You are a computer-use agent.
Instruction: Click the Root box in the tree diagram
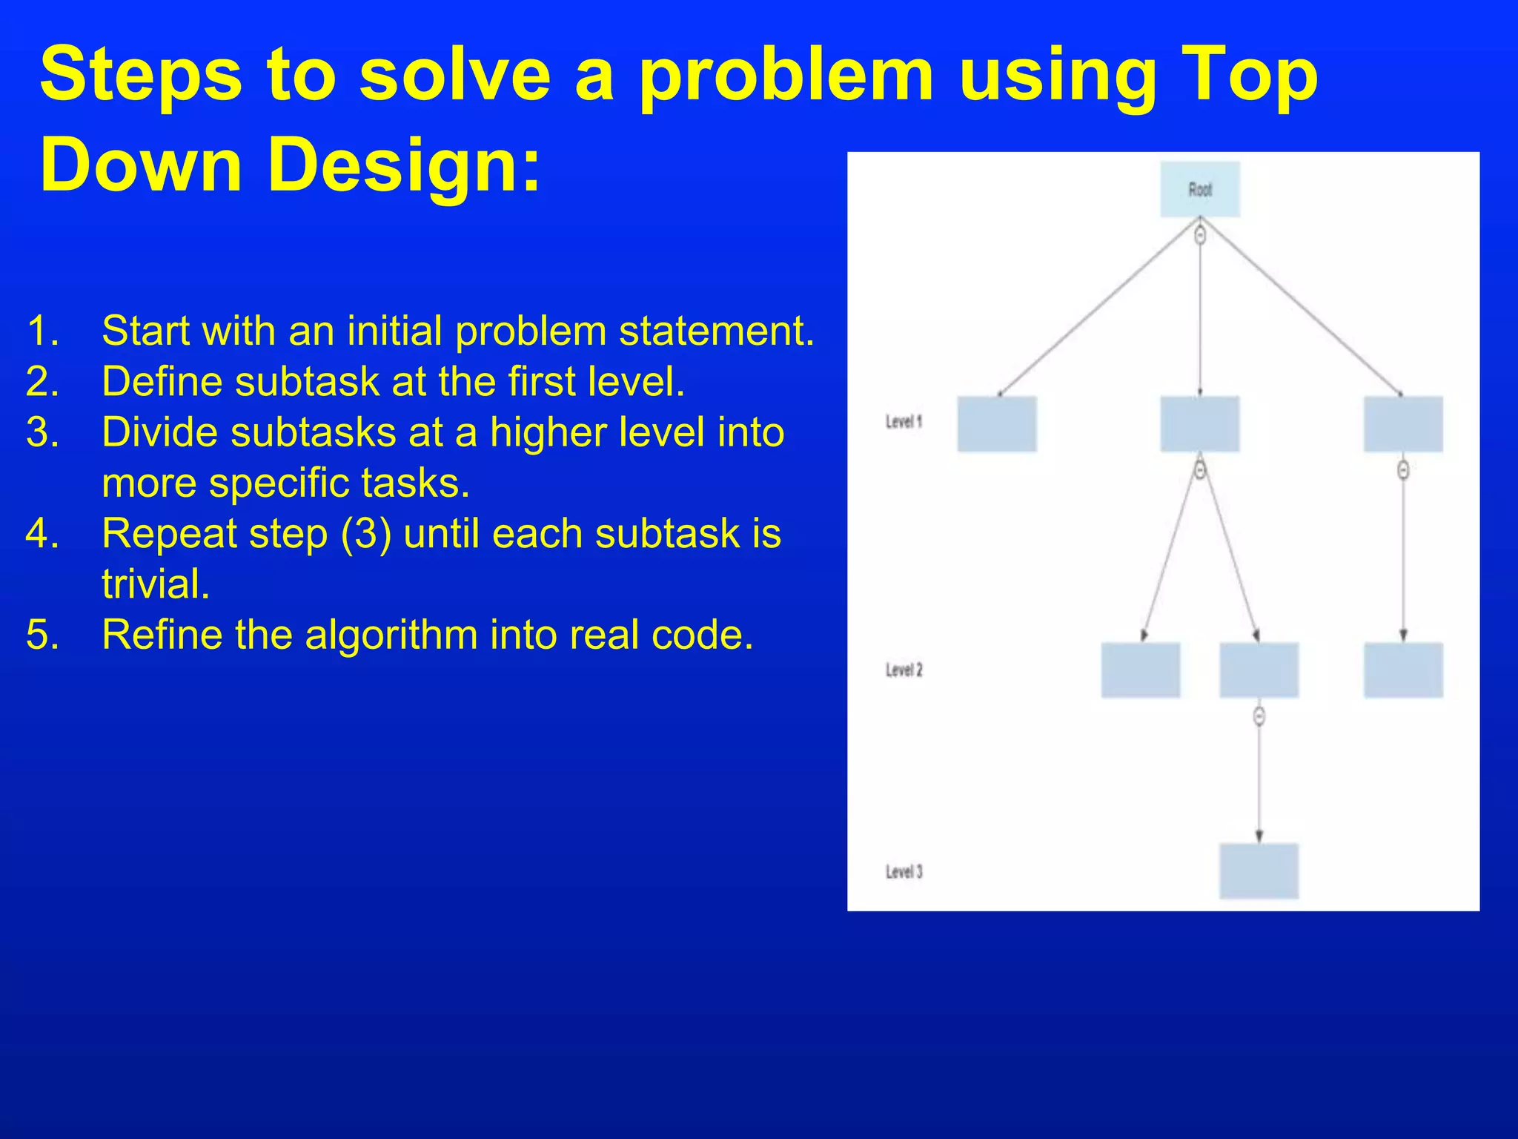pos(1199,190)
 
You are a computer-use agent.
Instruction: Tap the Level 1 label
pos(904,422)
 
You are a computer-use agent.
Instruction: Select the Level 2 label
pos(904,670)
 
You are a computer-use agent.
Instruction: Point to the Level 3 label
pos(904,871)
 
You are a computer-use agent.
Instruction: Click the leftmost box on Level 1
pos(997,424)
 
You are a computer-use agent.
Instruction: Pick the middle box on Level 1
pos(1199,424)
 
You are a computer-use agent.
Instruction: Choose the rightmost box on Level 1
pos(1403,424)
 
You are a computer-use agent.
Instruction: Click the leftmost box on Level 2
pos(1140,670)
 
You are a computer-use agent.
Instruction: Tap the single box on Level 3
pos(1259,871)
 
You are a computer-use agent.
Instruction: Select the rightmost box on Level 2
pos(1403,670)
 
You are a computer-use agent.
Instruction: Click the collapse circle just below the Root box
pos(1200,235)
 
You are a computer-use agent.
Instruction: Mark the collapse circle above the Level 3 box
pos(1259,716)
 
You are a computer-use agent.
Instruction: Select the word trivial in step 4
pos(156,584)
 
